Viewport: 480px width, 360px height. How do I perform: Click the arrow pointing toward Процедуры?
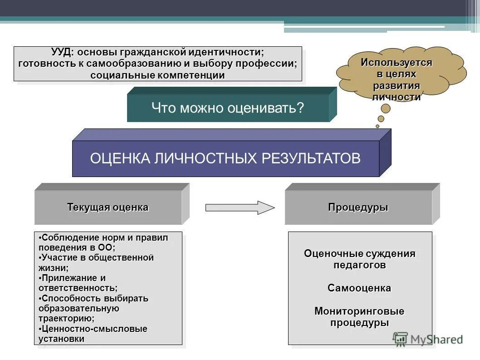tap(240, 207)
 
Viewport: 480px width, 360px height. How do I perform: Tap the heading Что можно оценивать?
tap(227, 108)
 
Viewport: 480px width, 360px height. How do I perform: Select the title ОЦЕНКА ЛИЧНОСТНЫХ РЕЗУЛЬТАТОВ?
tap(225, 158)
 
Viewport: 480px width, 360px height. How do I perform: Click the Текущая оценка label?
tap(108, 207)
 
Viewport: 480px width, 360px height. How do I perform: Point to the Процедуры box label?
tap(358, 207)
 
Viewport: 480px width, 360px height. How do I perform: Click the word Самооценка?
tap(359, 288)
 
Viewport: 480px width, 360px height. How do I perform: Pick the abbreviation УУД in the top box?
tap(61, 53)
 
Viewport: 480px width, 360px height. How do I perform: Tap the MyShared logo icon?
tap(400, 339)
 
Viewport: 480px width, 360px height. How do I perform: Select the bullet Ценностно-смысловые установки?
tap(93, 334)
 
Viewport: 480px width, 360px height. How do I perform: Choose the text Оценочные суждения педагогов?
tap(359, 259)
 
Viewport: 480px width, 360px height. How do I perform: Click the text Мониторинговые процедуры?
tap(359, 317)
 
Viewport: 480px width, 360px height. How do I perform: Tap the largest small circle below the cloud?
tap(386, 108)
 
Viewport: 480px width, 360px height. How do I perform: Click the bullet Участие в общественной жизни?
tap(97, 263)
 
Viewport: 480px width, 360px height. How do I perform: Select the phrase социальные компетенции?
tap(157, 75)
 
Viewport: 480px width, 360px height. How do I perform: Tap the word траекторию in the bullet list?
tap(65, 318)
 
